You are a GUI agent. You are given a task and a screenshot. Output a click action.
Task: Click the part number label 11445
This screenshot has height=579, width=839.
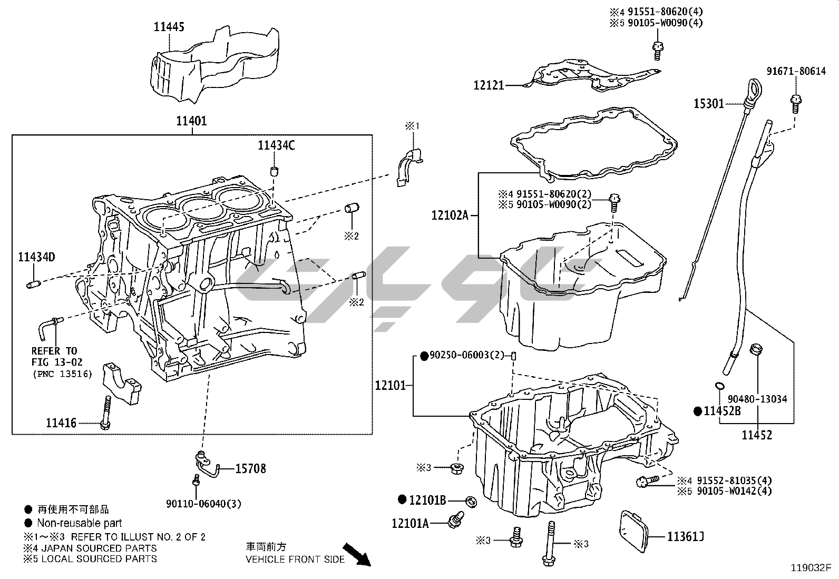point(169,26)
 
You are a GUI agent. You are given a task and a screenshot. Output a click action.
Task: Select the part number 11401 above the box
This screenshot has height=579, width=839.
point(191,121)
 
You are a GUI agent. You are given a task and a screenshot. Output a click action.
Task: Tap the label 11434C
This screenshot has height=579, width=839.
point(276,145)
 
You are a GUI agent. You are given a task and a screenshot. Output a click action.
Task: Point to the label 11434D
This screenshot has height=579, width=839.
point(36,257)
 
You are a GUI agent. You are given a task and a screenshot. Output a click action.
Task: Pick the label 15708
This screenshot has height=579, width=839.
point(250,468)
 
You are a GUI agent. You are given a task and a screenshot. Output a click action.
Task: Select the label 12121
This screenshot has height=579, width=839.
point(489,85)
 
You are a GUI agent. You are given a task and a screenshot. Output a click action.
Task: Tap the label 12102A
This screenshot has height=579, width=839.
point(449,215)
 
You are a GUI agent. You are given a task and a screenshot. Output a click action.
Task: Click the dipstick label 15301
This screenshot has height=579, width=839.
point(708,104)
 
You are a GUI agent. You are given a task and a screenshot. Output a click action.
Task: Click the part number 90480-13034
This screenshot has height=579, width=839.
point(757,399)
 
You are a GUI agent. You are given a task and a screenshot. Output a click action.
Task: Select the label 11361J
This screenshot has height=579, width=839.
point(685,537)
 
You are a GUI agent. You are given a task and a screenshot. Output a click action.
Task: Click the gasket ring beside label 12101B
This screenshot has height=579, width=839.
point(472,500)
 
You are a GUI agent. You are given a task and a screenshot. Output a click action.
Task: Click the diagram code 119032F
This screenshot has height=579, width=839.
point(811,568)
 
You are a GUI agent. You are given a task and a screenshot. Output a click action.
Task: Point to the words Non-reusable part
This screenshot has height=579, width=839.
point(79,523)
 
